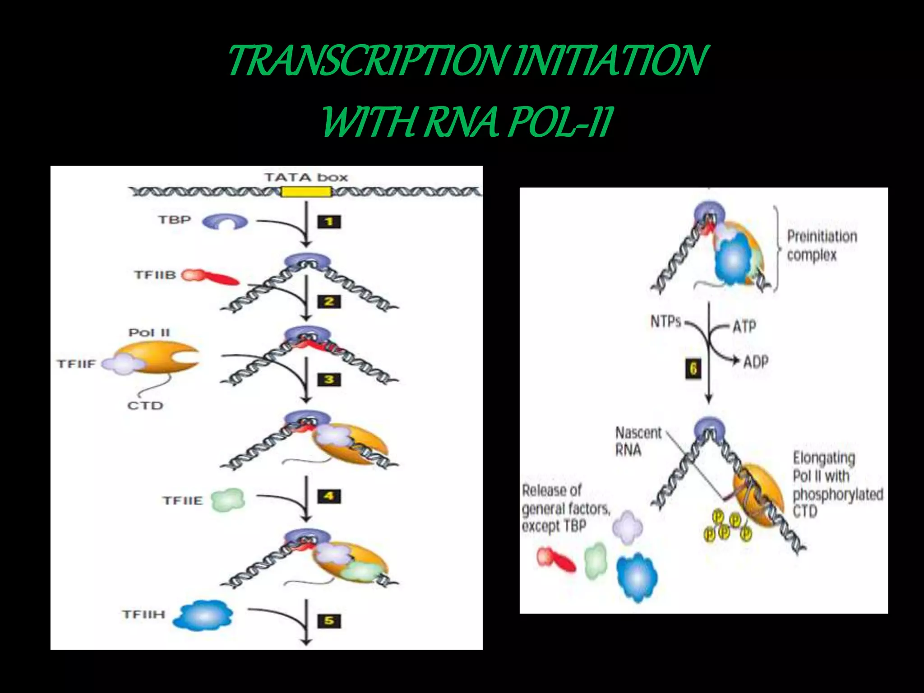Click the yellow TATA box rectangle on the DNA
pyautogui.click(x=306, y=192)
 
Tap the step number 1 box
pyautogui.click(x=329, y=222)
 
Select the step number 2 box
pyautogui.click(x=329, y=301)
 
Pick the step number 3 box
pyautogui.click(x=329, y=380)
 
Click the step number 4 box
pyautogui.click(x=329, y=496)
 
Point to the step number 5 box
pyautogui.click(x=329, y=621)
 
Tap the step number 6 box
pyautogui.click(x=693, y=369)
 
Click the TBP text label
pyautogui.click(x=175, y=220)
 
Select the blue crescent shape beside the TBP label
pyautogui.click(x=225, y=222)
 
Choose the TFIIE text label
pyautogui.click(x=183, y=501)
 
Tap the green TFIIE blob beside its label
pyautogui.click(x=228, y=500)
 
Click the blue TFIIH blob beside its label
pyautogui.click(x=204, y=615)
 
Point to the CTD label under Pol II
pyautogui.click(x=145, y=406)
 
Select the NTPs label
pyautogui.click(x=665, y=322)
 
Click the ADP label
pyautogui.click(x=756, y=361)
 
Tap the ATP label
pyautogui.click(x=744, y=326)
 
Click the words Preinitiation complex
pyautogui.click(x=822, y=245)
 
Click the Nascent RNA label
pyautogui.click(x=638, y=441)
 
